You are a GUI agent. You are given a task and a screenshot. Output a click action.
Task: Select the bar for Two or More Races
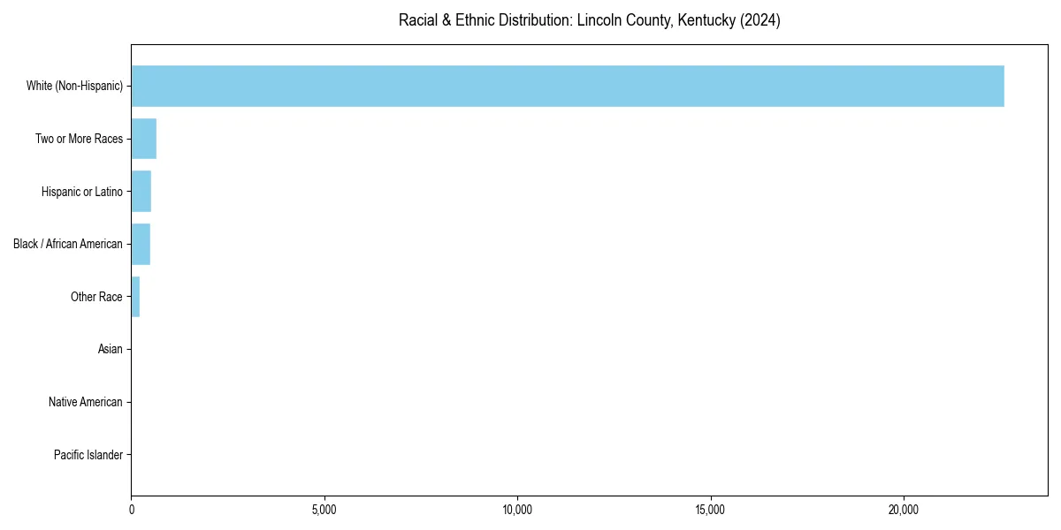(x=144, y=139)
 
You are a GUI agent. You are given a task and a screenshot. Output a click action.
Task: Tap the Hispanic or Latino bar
(x=141, y=191)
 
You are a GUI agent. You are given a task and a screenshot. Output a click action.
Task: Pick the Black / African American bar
(x=141, y=244)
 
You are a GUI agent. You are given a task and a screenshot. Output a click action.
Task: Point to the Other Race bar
(x=135, y=297)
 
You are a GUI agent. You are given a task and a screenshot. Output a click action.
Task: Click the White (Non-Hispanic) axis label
(x=74, y=86)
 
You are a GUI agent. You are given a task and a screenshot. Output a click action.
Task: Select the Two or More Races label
(x=79, y=139)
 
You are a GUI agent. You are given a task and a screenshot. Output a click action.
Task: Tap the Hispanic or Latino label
(x=81, y=192)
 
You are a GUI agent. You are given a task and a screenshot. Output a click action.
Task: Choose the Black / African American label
(x=68, y=244)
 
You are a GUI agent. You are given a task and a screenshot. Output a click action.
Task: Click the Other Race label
(x=96, y=297)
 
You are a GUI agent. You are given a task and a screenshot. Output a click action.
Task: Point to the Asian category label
(x=110, y=350)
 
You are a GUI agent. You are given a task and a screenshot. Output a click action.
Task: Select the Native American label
(x=86, y=403)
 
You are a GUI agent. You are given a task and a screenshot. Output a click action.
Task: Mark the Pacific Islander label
(x=88, y=456)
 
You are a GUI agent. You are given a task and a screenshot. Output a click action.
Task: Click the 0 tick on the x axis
(x=132, y=510)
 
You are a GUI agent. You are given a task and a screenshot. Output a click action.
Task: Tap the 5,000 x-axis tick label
(x=324, y=510)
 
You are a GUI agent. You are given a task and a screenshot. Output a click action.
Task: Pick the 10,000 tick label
(x=517, y=510)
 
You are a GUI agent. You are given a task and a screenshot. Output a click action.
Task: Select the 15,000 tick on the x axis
(x=711, y=510)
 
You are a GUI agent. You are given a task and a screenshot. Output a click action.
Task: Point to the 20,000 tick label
(x=904, y=510)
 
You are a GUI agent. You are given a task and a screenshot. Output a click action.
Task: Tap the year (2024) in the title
(x=761, y=20)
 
